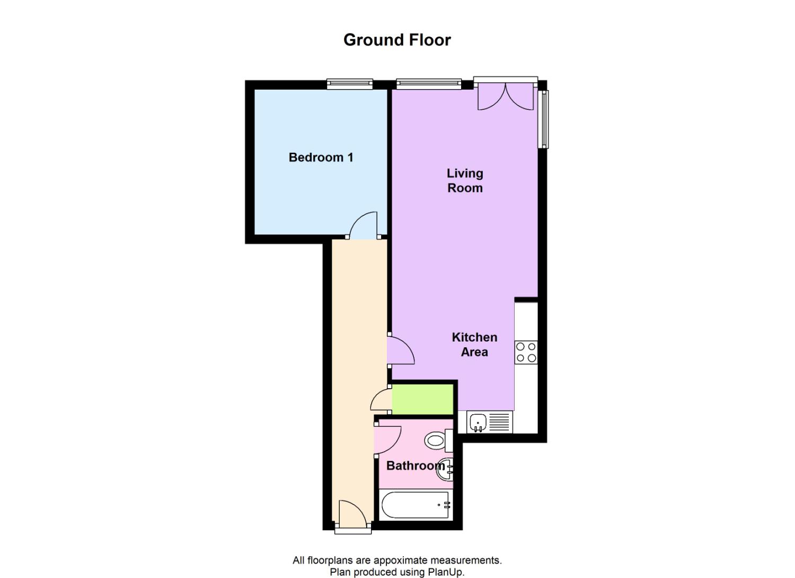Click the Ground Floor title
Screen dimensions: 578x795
coord(397,40)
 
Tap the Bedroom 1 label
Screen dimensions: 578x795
coord(321,157)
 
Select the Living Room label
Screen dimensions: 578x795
coord(465,180)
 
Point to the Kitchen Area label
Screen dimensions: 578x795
coord(474,345)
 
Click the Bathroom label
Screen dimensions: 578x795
coord(415,466)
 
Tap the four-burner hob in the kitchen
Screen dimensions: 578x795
coord(526,352)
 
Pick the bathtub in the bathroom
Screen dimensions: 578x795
coord(416,505)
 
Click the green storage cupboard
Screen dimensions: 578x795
coord(423,399)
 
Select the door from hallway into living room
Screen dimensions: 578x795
coord(400,350)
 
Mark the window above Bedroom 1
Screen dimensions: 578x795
coord(349,83)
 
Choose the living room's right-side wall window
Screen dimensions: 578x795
coord(544,119)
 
